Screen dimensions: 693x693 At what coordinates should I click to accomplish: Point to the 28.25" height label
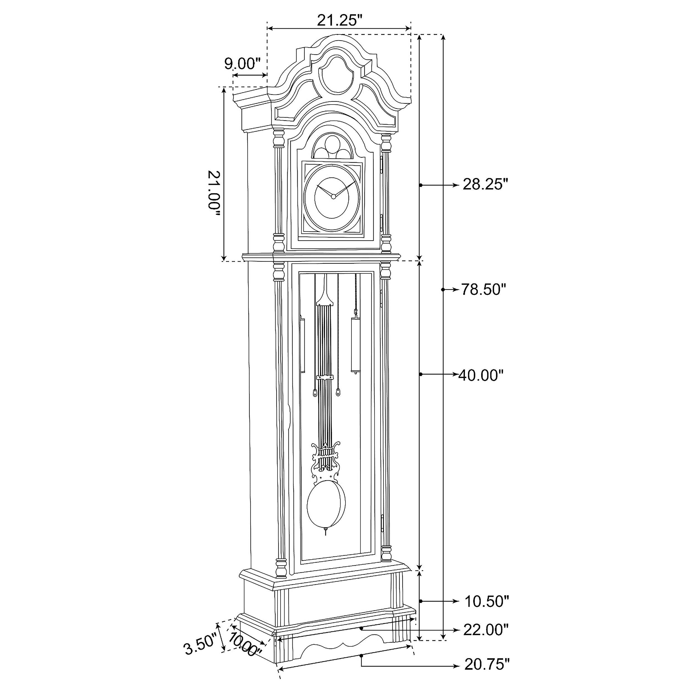[486, 185]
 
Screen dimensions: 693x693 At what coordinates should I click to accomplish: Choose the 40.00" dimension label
[481, 376]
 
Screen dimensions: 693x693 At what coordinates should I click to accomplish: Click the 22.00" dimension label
[486, 630]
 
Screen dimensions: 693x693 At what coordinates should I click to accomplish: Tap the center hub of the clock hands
[333, 196]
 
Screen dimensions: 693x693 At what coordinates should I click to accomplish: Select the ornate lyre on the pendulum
[325, 463]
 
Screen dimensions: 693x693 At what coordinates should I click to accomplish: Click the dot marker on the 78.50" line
[443, 289]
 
